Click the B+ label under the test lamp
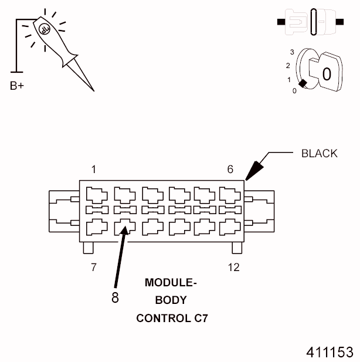17,86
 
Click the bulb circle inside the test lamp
43,27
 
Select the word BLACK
319,154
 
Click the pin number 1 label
94,170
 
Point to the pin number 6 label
230,170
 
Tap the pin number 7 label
94,268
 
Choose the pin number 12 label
233,268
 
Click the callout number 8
115,297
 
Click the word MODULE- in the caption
171,283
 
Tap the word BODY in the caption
171,300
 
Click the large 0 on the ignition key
327,75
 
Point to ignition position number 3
291,52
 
